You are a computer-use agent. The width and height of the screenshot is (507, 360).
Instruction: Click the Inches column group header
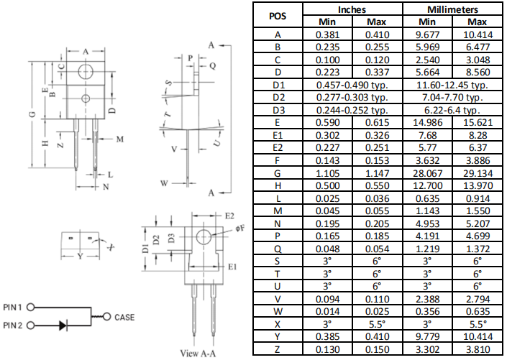tap(352, 10)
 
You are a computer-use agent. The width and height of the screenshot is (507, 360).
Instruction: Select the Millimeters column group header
tap(452, 10)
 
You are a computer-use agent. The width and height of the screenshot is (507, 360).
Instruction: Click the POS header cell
tap(278, 16)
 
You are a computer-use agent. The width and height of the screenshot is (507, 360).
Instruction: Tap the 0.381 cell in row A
tap(327, 34)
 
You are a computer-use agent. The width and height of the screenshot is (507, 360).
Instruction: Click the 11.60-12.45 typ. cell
tap(452, 84)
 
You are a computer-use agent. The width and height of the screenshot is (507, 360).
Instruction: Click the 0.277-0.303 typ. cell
tap(352, 97)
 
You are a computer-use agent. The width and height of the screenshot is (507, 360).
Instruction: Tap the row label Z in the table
tap(278, 350)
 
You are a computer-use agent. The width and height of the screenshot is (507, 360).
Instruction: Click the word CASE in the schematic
tap(124, 317)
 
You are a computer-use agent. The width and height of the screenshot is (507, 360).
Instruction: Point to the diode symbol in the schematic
tap(63, 326)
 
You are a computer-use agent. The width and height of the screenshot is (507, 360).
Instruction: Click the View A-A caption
tap(198, 353)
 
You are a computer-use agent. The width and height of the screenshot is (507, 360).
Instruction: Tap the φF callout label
tap(239, 229)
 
